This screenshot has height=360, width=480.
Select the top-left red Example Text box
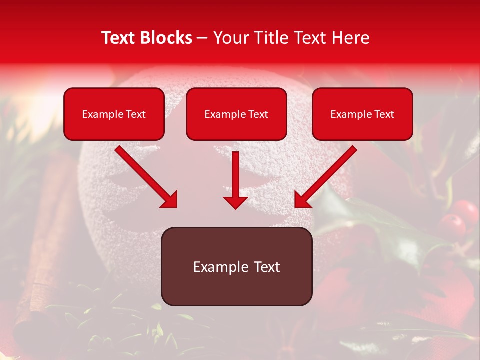tap(114, 114)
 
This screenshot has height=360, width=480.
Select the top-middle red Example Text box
tap(236, 114)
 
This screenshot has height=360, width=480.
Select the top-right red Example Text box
tap(362, 114)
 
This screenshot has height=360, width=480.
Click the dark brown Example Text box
tap(236, 266)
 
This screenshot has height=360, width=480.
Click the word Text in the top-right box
tap(384, 114)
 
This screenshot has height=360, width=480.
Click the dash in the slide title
tap(202, 38)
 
